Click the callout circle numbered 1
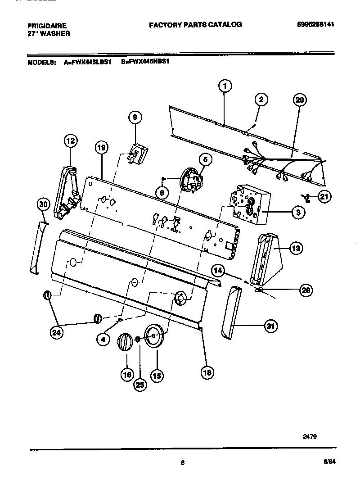(225, 86)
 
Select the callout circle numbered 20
(299, 100)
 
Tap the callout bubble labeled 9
(135, 118)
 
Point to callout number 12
(70, 141)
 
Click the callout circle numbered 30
(43, 204)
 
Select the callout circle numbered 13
(296, 248)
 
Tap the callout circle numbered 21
(324, 196)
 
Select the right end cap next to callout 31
(234, 312)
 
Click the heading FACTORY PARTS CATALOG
(195, 25)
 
